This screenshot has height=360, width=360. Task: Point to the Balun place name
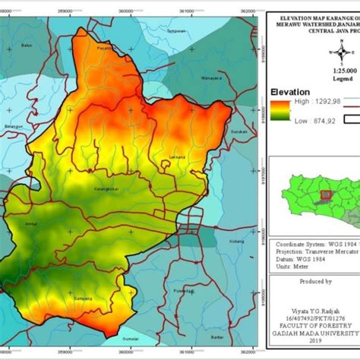(27, 46)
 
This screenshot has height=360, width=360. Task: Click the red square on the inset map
(325, 195)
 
